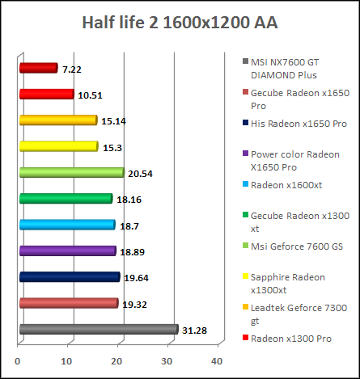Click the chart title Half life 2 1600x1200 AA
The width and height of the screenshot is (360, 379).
180,22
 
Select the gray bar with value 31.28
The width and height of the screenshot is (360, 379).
98,329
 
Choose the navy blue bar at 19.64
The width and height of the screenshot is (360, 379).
69,277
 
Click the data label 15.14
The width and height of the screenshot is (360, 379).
113,121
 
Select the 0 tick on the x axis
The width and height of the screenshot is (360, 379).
19,361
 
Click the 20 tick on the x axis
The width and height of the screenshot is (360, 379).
118,361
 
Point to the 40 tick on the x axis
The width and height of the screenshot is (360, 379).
217,361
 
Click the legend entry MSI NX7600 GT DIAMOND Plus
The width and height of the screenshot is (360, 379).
294,66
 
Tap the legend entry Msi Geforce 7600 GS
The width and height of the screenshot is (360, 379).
296,246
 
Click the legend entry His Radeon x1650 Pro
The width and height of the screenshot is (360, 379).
299,123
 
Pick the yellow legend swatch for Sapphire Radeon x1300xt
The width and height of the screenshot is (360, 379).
244,277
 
